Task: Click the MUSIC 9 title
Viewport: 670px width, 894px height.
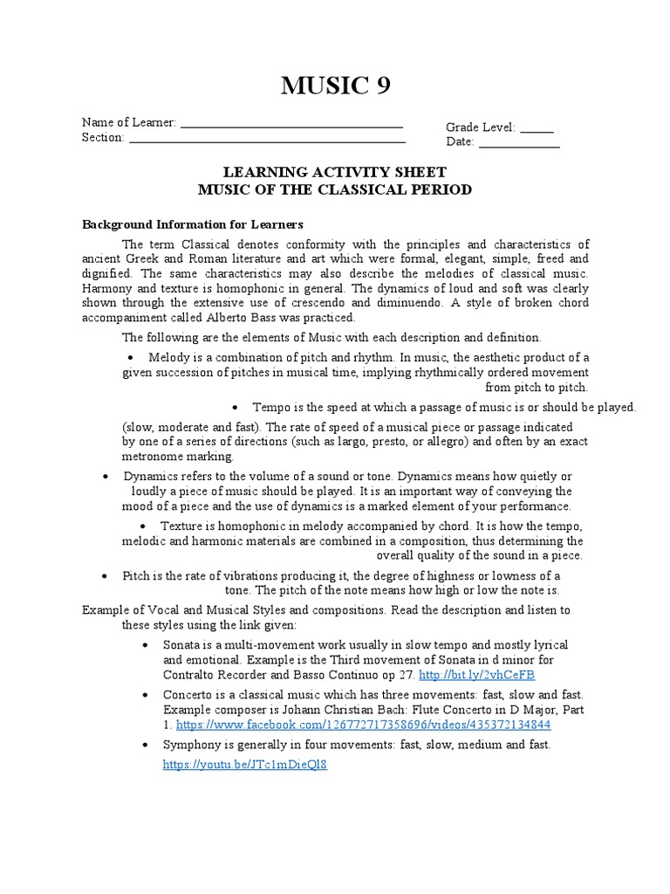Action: (335, 86)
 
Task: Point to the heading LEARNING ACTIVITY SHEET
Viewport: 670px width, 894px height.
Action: (335, 173)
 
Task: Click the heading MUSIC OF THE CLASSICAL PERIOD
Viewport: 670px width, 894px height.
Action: (335, 189)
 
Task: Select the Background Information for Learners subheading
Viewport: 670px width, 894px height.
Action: (192, 223)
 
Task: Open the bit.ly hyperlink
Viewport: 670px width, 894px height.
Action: (476, 676)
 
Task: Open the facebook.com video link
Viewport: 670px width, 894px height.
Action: (364, 725)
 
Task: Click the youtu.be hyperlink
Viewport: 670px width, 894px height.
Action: (245, 764)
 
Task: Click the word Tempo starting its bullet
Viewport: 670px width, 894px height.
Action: (271, 407)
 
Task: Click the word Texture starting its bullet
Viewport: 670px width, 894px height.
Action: (181, 526)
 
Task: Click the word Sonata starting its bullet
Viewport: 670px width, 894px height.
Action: (181, 644)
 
